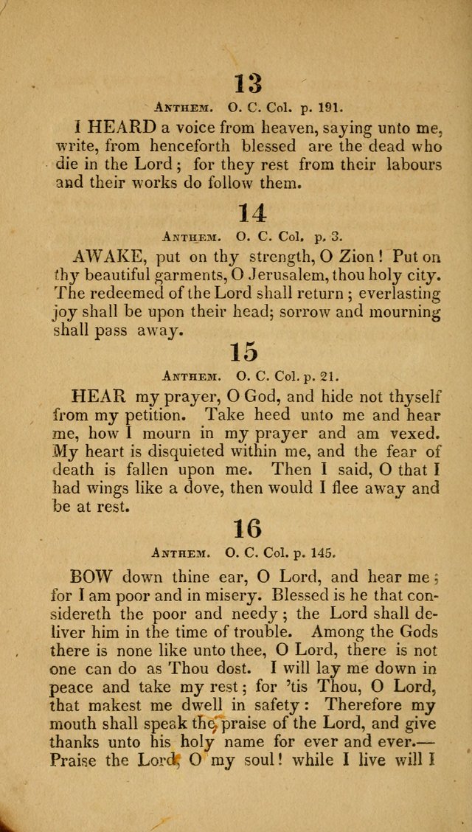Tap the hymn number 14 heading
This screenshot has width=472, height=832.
pyautogui.click(x=251, y=213)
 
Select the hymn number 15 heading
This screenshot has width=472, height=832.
pyautogui.click(x=243, y=352)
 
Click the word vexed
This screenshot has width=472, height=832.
pyautogui.click(x=415, y=432)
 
